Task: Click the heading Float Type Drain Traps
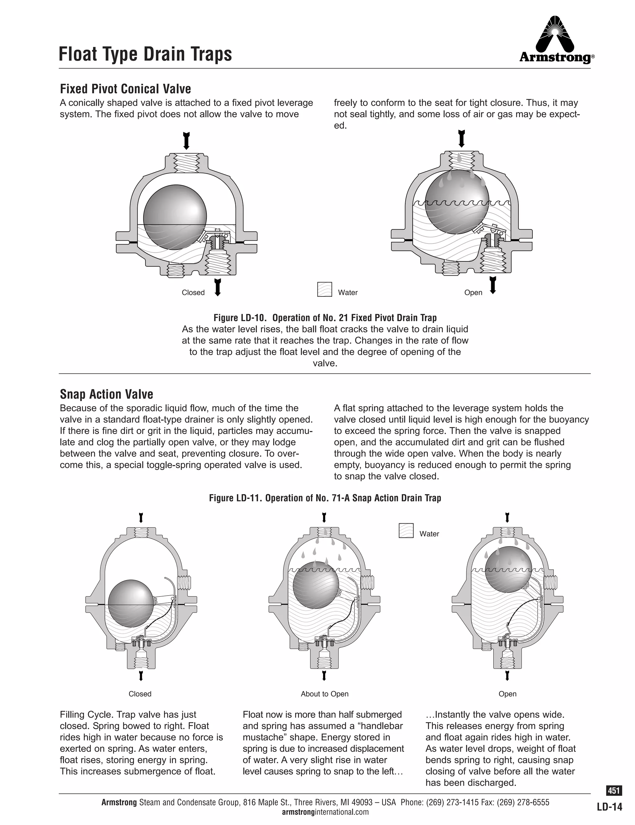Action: pyautogui.click(x=145, y=54)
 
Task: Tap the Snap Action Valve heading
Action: pyautogui.click(x=107, y=394)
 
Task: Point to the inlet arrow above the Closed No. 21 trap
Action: pyautogui.click(x=186, y=141)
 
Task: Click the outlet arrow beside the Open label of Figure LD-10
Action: pyautogui.click(x=493, y=285)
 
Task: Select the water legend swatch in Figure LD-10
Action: pyautogui.click(x=325, y=289)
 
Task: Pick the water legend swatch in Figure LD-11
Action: pyautogui.click(x=406, y=530)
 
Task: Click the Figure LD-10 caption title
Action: pyautogui.click(x=325, y=318)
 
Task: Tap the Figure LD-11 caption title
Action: pyautogui.click(x=325, y=498)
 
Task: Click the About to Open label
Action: pyautogui.click(x=325, y=694)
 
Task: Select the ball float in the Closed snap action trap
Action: pyautogui.click(x=131, y=603)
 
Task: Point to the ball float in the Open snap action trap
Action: pyautogui.click(x=508, y=569)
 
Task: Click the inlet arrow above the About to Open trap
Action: pyautogui.click(x=324, y=517)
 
